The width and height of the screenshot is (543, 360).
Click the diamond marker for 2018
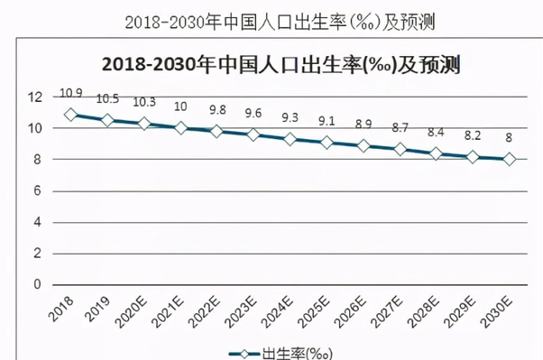(71, 115)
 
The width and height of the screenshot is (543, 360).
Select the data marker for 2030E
(510, 160)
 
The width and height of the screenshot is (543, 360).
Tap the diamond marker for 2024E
(290, 140)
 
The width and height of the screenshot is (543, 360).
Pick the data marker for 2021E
(180, 128)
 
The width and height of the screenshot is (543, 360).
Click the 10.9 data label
(71, 93)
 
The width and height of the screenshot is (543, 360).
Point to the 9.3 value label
(290, 117)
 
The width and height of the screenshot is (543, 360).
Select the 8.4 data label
(437, 133)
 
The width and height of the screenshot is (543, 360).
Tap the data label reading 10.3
(144, 103)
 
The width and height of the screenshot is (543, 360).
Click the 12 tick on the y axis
(35, 97)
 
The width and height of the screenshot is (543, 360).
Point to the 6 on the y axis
(38, 190)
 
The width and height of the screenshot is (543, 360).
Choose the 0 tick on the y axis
(38, 284)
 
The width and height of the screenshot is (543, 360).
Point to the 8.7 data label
(400, 128)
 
